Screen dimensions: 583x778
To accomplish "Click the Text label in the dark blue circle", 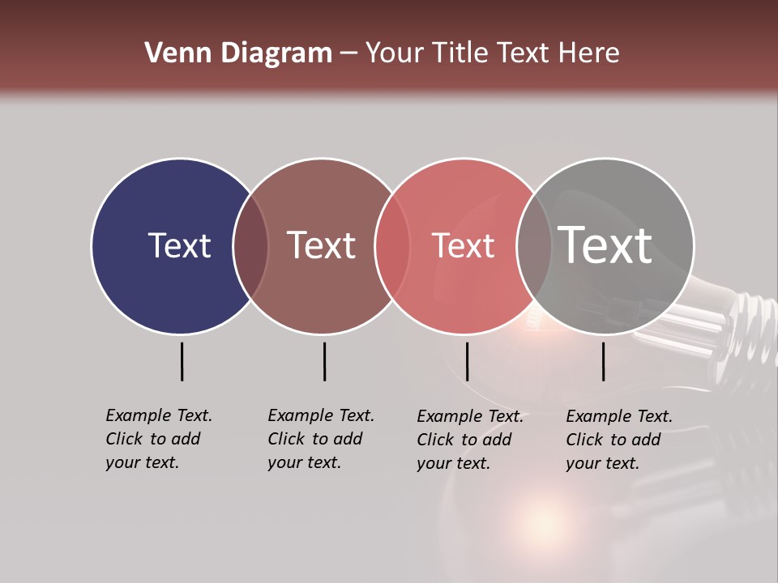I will click(x=179, y=245).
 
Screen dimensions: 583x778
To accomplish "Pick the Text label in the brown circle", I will click(x=322, y=245).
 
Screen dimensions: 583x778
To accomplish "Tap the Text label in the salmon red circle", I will click(x=464, y=245).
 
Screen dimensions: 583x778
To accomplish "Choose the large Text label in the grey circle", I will click(x=605, y=245).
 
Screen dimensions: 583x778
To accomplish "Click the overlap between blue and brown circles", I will click(x=250, y=245).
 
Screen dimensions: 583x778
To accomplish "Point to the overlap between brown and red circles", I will click(x=392, y=245).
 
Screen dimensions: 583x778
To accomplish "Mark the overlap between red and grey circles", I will click(x=534, y=245).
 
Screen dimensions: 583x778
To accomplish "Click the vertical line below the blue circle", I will click(x=182, y=361).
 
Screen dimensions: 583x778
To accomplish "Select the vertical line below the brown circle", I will click(x=324, y=361).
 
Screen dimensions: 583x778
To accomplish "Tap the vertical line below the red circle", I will click(x=467, y=361).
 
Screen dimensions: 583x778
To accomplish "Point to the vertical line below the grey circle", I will click(x=604, y=361).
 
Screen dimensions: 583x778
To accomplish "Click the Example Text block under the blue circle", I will click(x=158, y=439).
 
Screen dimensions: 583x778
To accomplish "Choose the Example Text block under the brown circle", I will click(x=320, y=439).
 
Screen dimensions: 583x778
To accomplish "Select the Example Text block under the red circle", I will click(x=469, y=440).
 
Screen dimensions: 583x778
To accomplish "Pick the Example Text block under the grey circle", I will click(x=618, y=440).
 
